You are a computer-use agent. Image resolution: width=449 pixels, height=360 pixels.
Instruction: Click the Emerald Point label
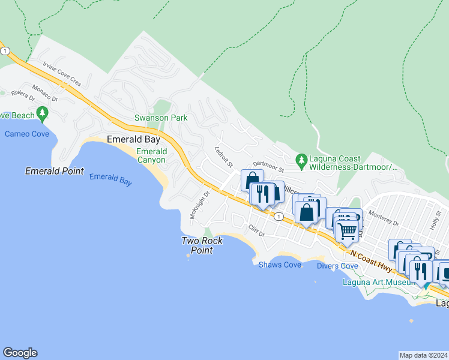(54, 171)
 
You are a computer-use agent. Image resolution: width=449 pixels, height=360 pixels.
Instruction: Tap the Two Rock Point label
(202, 245)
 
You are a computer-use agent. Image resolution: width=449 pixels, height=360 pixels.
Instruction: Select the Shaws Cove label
(280, 265)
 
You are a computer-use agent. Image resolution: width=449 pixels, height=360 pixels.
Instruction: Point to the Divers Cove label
(337, 266)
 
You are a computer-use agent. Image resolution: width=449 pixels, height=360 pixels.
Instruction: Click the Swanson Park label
(156, 118)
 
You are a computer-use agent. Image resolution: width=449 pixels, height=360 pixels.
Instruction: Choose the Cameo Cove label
(27, 134)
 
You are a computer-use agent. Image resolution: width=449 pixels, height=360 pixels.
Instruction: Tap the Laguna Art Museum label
(378, 282)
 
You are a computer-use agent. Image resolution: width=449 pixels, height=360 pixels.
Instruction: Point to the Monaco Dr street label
(45, 92)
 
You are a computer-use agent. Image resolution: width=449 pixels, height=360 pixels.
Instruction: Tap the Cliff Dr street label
(256, 229)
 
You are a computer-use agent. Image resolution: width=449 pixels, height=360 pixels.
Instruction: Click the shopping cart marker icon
(347, 230)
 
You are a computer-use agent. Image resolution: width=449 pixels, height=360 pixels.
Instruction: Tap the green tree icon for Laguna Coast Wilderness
(303, 159)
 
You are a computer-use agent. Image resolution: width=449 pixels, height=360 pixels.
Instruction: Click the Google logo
(20, 353)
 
